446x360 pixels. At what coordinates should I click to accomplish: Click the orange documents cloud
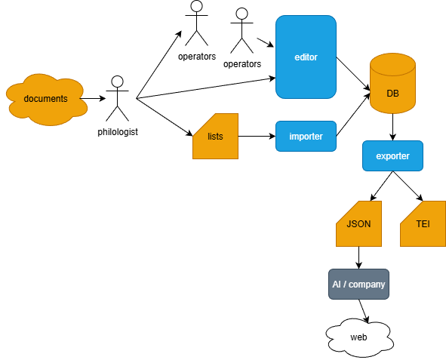[x=47, y=99]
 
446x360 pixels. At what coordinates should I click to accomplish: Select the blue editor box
[x=306, y=57]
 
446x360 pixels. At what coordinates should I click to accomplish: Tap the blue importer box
[x=306, y=136]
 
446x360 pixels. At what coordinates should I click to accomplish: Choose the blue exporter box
[x=392, y=155]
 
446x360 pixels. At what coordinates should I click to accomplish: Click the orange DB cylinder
[x=392, y=83]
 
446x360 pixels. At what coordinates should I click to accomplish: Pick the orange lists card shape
[x=215, y=136]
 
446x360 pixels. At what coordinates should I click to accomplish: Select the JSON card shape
[x=358, y=224]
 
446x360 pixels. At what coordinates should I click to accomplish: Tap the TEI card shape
[x=423, y=224]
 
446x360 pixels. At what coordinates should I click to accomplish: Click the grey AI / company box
[x=358, y=284]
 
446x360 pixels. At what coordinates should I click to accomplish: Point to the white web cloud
[x=359, y=338]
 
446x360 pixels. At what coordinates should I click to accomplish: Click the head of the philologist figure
[x=117, y=82]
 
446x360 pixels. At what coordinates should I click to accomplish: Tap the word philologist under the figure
[x=118, y=132]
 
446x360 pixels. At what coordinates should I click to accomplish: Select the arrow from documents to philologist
[x=93, y=99]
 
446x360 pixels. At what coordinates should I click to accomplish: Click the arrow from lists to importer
[x=257, y=136]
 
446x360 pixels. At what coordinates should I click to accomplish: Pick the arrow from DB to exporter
[x=393, y=127]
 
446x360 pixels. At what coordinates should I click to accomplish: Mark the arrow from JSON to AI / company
[x=358, y=257]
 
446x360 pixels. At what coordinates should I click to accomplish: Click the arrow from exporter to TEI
[x=408, y=186]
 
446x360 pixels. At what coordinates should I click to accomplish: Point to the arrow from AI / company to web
[x=364, y=312]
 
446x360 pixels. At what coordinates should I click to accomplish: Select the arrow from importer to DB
[x=353, y=114]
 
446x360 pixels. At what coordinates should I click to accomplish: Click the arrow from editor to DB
[x=353, y=74]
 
